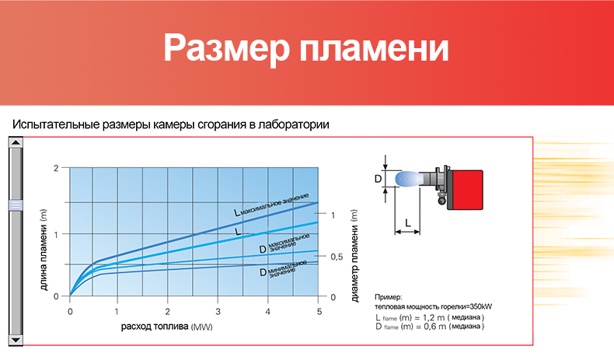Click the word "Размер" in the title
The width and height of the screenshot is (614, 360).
pos(226,48)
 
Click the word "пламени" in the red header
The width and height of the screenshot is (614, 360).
pos(374,48)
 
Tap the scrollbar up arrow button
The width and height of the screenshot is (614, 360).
pos(16,142)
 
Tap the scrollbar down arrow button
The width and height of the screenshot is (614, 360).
pos(16,340)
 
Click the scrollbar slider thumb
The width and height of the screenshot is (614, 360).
pos(16,205)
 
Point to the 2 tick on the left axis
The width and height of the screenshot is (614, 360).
pos(56,168)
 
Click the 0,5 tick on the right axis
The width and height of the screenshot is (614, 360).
pos(337,257)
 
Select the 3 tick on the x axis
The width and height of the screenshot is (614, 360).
pos(218,312)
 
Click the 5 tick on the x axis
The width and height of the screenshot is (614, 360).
pos(319,312)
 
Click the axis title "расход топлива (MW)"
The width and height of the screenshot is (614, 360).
pos(167,327)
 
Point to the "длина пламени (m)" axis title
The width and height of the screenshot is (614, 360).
pos(44,250)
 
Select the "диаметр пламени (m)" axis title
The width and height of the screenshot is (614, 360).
pos(354,256)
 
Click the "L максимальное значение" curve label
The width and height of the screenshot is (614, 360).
pos(271,204)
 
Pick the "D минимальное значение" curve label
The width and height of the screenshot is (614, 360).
pos(283,269)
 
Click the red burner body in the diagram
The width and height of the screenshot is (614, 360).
pos(467,190)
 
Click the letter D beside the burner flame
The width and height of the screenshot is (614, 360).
pos(378,179)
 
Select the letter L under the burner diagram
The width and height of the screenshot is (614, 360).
pos(407,223)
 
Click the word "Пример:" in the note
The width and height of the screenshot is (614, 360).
pos(388,297)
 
